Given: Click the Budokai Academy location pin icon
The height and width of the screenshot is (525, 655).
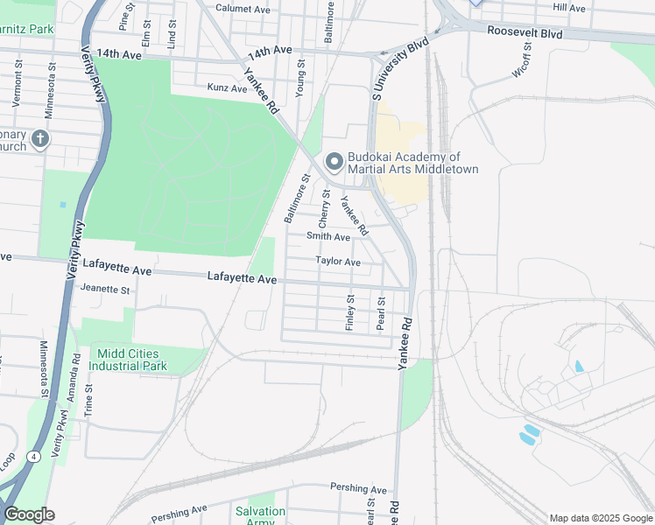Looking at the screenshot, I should [x=333, y=163].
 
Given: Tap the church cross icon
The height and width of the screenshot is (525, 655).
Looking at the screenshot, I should [x=39, y=139].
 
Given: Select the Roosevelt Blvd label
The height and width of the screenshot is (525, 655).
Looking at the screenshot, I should [x=525, y=31].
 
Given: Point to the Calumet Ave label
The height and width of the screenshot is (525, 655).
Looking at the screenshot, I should [x=243, y=9].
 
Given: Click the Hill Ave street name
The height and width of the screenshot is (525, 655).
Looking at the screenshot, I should [x=569, y=7].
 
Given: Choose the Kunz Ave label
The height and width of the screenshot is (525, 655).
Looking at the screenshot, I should [x=228, y=87].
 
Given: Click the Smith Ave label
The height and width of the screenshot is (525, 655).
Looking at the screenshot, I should [x=328, y=236].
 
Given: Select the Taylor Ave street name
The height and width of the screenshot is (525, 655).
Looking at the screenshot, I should [x=338, y=262].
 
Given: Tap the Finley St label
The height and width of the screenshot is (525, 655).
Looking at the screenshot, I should [x=350, y=311].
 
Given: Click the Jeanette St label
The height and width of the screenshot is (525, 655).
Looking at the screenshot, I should [x=104, y=289].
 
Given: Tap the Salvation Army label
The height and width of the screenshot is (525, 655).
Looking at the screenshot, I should [x=260, y=516].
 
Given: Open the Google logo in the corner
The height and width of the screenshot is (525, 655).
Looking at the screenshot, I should [x=29, y=514].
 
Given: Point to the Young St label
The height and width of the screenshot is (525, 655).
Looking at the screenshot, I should [x=300, y=78].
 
